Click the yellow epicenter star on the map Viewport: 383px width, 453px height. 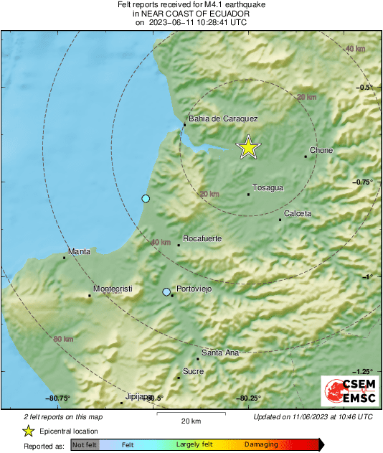(x=248, y=147)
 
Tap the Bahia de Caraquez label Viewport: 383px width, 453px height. (x=222, y=119)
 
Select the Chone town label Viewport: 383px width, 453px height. (x=321, y=151)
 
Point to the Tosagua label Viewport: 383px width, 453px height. (x=268, y=188)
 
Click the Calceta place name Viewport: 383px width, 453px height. (x=298, y=214)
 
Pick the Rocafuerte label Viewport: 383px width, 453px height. (x=202, y=238)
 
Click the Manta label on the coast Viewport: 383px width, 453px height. (x=79, y=252)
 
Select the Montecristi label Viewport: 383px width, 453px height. (x=113, y=289)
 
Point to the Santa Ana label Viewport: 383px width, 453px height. (x=220, y=352)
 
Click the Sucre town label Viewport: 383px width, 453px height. (x=194, y=371)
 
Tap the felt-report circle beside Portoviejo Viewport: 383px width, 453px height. (x=166, y=292)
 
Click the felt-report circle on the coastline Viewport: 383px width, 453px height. (x=146, y=198)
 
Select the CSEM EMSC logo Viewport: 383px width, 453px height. (x=347, y=390)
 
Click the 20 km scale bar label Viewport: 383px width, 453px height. (x=190, y=420)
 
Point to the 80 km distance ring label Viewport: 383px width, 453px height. (x=63, y=339)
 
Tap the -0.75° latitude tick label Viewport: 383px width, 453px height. (x=364, y=182)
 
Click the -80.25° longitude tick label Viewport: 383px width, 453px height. (x=248, y=398)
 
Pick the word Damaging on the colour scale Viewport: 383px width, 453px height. (x=261, y=445)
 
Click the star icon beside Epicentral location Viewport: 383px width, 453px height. (x=28, y=431)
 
